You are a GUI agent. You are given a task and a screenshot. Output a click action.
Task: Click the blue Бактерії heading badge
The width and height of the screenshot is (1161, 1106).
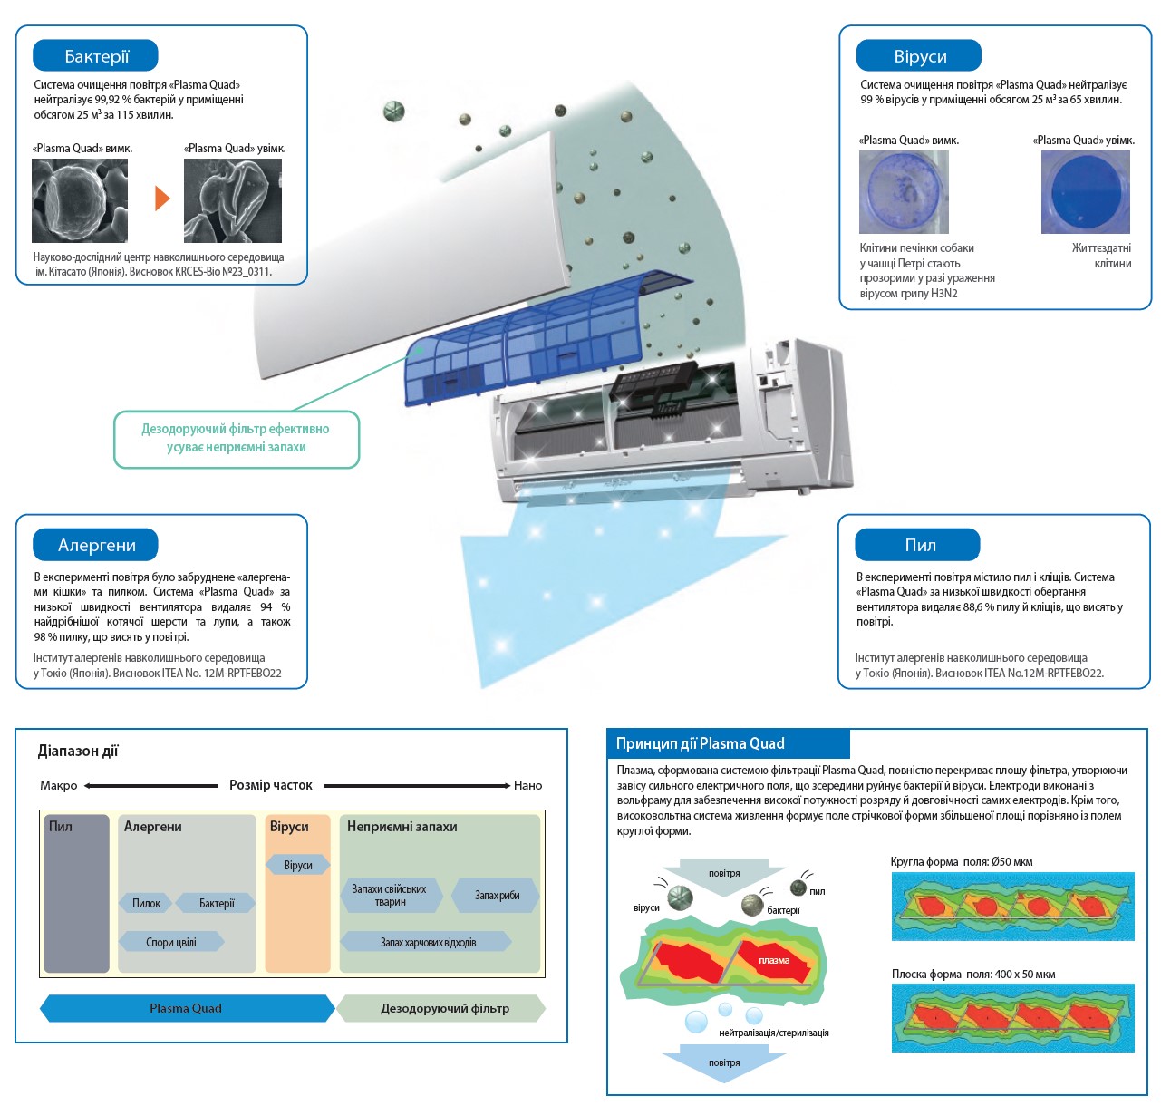(x=95, y=56)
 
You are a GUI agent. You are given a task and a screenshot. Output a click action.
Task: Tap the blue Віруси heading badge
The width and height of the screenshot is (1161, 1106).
(x=919, y=56)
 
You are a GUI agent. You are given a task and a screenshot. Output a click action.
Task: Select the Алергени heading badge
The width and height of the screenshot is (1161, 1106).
(x=95, y=545)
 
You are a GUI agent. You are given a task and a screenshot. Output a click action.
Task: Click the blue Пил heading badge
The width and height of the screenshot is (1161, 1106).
(x=918, y=545)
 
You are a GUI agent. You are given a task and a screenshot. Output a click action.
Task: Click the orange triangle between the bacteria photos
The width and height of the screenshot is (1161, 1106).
(x=162, y=198)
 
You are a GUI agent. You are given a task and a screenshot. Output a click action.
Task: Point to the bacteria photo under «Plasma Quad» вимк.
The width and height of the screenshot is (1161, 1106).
(x=80, y=200)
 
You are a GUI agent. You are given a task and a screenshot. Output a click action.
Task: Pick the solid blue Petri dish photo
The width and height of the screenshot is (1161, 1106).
(x=1085, y=192)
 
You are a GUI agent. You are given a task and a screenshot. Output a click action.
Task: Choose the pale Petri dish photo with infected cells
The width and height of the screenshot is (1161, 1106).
(x=904, y=192)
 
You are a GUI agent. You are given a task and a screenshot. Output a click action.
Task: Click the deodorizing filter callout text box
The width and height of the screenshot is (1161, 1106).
(x=236, y=439)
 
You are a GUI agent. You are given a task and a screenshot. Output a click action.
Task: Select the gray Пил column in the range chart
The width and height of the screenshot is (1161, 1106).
(x=77, y=893)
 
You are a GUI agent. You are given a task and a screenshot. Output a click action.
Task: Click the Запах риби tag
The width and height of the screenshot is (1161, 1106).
(x=496, y=896)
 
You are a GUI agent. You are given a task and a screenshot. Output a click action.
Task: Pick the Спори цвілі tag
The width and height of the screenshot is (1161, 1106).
(x=171, y=942)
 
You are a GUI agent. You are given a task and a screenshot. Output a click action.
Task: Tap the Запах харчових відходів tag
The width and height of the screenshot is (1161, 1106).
(x=427, y=942)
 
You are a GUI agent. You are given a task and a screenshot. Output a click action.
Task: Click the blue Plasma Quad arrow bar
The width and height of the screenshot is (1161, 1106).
(x=186, y=1008)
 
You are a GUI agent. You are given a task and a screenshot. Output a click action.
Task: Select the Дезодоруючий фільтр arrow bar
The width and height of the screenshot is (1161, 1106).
(x=443, y=1008)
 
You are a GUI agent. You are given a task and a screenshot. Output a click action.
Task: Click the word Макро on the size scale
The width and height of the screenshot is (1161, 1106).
(x=59, y=785)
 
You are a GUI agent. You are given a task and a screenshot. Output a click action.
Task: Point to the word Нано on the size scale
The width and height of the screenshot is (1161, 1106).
(x=527, y=785)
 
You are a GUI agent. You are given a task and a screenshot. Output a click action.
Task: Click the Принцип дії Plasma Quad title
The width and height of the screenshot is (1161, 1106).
(x=701, y=743)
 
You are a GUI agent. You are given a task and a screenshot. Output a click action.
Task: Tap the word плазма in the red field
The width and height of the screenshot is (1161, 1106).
(x=774, y=960)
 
